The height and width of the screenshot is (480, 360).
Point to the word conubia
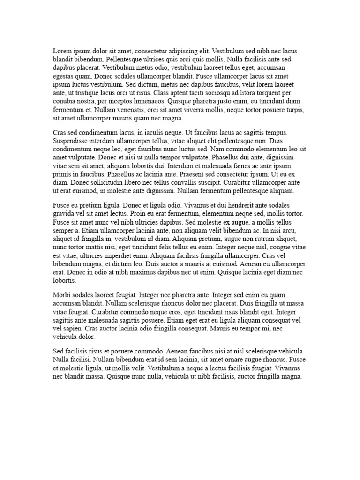[x=65, y=101]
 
